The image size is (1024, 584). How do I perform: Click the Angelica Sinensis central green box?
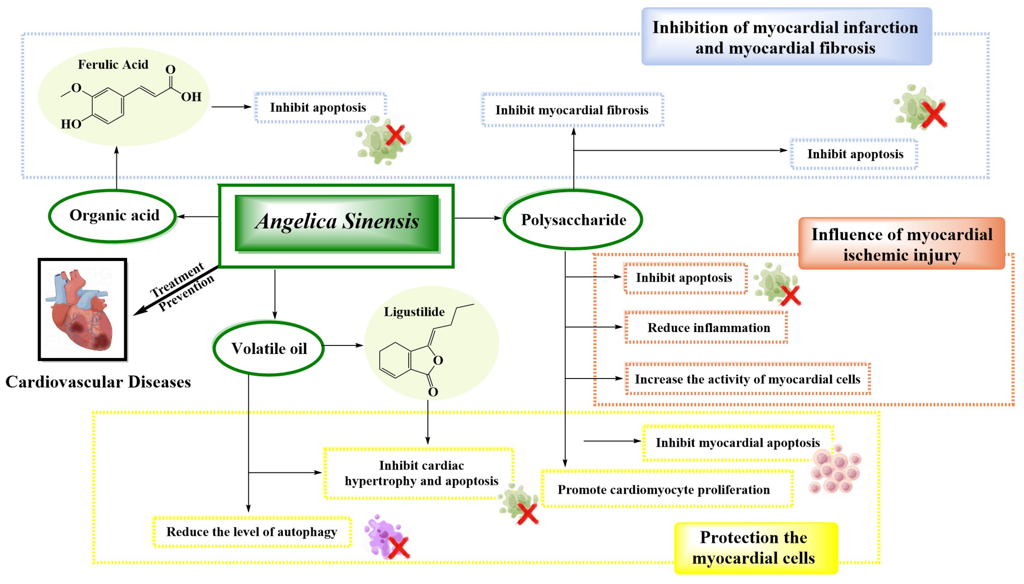pyautogui.click(x=336, y=223)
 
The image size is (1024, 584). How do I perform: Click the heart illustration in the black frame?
pyautogui.click(x=83, y=310)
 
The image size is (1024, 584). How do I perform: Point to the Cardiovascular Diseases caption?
pyautogui.click(x=98, y=382)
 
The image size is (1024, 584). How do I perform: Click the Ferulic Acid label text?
pyautogui.click(x=113, y=64)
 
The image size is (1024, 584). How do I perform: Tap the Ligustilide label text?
pyautogui.click(x=414, y=312)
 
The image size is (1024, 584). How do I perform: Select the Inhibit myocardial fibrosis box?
pyautogui.click(x=572, y=110)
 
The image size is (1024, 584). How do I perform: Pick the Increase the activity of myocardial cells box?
pyautogui.click(x=747, y=379)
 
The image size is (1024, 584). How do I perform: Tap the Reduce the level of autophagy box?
pyautogui.click(x=251, y=532)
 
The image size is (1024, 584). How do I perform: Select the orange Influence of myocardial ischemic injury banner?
pyautogui.click(x=901, y=244)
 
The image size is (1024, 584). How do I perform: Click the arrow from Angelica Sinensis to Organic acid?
pyautogui.click(x=197, y=217)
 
